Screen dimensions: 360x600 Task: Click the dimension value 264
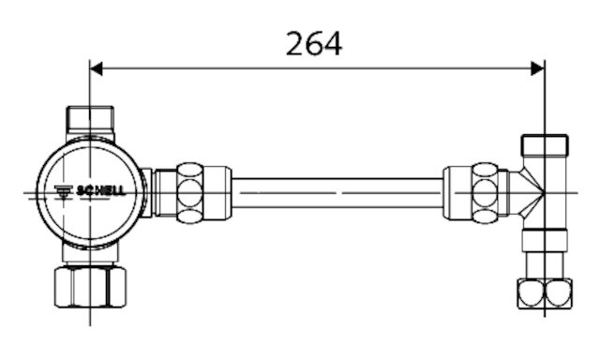coord(314,42)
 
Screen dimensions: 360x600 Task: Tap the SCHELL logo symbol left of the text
coord(64,191)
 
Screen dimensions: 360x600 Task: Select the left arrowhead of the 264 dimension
coord(97,68)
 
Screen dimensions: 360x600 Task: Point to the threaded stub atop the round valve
coord(89,120)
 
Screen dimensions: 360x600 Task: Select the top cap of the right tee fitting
coord(544,145)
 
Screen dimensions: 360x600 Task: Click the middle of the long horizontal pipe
coord(337,192)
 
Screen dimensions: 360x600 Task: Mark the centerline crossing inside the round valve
coord(90,192)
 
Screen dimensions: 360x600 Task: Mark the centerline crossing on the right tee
coord(544,192)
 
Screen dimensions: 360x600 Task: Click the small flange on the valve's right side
coord(147,192)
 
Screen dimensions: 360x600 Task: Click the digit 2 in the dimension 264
coord(295,42)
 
